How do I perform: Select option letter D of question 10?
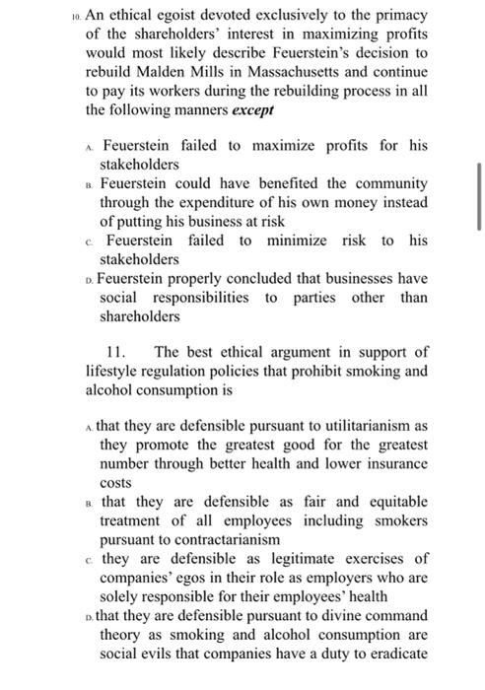point(93,279)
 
